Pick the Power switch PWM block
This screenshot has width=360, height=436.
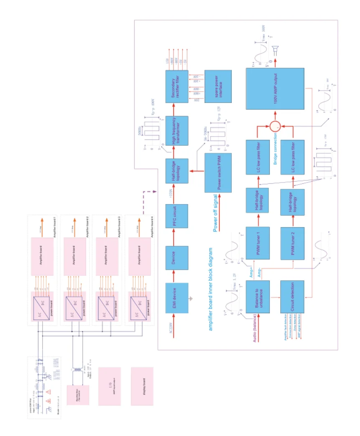pos(217,172)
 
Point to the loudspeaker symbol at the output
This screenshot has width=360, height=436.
pos(274,50)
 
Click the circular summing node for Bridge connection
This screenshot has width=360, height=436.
pos(274,125)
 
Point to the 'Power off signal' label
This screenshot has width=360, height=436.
pos(216,213)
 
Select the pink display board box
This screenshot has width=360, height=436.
pos(142,386)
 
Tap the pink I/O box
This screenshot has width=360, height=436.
pos(109,386)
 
